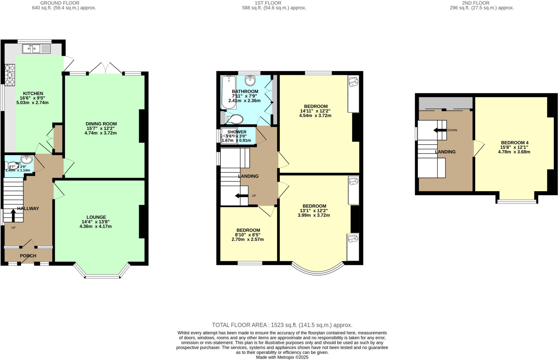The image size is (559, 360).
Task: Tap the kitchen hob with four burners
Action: point(10,75)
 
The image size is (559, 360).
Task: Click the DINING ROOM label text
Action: point(101,124)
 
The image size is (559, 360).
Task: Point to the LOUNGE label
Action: point(96,217)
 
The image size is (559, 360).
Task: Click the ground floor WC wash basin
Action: point(27,159)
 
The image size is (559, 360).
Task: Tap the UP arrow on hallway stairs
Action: point(13,215)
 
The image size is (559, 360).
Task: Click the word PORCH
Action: point(28,256)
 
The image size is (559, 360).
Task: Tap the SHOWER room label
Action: point(237,132)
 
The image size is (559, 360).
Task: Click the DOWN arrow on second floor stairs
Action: point(440,130)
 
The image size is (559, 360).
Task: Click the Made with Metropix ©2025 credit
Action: point(282,357)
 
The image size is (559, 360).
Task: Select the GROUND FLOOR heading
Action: point(60,3)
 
